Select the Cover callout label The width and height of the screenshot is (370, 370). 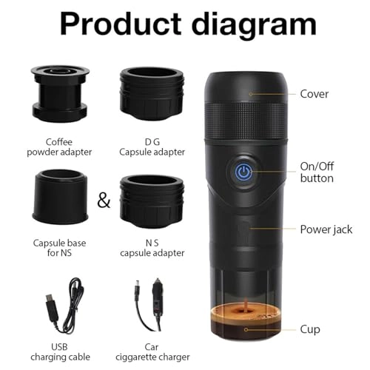tap(314, 94)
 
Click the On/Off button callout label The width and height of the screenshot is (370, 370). tap(317, 172)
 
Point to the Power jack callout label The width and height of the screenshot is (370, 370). tap(326, 229)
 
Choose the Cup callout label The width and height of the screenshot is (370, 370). tap(310, 329)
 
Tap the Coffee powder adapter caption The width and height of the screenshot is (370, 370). tap(59, 147)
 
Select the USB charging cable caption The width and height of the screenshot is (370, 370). tap(60, 351)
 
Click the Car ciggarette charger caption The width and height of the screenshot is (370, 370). tap(152, 351)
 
